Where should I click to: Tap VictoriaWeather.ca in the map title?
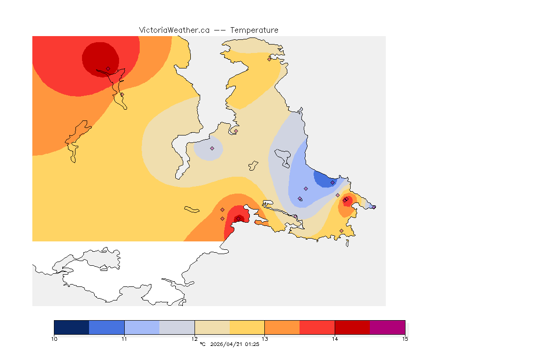point(174,30)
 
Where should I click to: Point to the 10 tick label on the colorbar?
point(54,338)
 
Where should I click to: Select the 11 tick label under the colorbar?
point(124,338)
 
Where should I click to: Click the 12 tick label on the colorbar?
point(195,338)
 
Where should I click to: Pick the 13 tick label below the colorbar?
point(265,338)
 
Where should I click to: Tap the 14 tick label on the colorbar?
point(335,338)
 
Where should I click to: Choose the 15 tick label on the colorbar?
point(405,338)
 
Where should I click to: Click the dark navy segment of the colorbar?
point(72,327)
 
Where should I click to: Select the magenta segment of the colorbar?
point(388,327)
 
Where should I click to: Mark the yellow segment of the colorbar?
point(247,327)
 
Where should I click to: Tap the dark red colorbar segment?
point(352,327)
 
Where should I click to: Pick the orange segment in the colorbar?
point(282,327)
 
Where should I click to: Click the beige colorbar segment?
point(212,327)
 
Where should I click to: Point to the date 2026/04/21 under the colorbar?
point(227,345)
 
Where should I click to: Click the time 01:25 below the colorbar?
point(252,345)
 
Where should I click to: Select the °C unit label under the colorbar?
point(202,345)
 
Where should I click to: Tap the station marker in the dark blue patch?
point(332,182)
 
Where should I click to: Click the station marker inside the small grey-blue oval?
point(212,148)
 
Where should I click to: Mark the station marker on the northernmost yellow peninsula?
point(269,59)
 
